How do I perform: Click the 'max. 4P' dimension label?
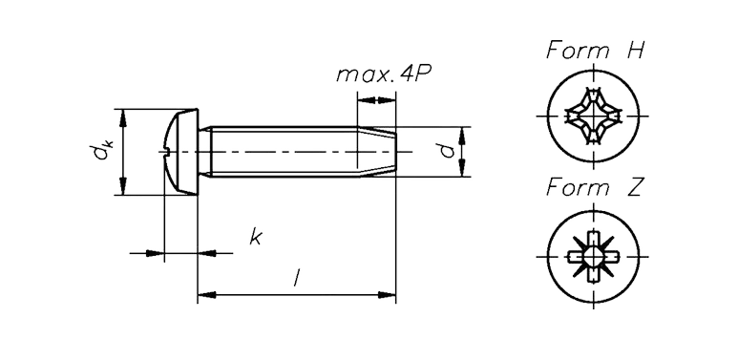point(384,74)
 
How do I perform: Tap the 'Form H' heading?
point(595,50)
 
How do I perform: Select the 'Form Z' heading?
point(595,187)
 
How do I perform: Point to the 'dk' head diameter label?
point(100,152)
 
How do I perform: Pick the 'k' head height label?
point(256,236)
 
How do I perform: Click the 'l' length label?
point(296,277)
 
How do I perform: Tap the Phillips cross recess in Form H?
point(593,116)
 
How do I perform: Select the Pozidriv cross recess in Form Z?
point(593,257)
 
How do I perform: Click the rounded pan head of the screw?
point(181,152)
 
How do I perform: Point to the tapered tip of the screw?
point(376,152)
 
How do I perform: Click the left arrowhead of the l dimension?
point(206,295)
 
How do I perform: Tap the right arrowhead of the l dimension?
point(387,295)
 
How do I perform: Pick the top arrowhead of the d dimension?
point(462,136)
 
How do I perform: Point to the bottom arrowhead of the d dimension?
point(462,168)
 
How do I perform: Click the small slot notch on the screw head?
point(166,152)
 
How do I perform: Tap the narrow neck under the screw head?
point(204,152)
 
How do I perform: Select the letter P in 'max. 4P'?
point(424,74)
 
